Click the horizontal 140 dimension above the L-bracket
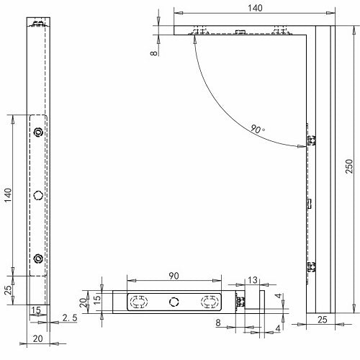pyautogui.click(x=255, y=7)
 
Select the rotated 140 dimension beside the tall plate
pyautogui.click(x=9, y=195)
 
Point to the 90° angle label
pyautogui.click(x=258, y=130)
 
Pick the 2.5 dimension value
pyautogui.click(x=70, y=318)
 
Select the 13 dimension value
pyautogui.click(x=252, y=280)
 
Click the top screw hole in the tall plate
pyautogui.click(x=38, y=132)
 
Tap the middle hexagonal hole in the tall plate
pyautogui.click(x=38, y=194)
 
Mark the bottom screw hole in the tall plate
pyautogui.click(x=38, y=258)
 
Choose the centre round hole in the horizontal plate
pyautogui.click(x=173, y=301)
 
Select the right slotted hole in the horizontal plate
pyautogui.click(x=208, y=301)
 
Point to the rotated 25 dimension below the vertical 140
pyautogui.click(x=9, y=290)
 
